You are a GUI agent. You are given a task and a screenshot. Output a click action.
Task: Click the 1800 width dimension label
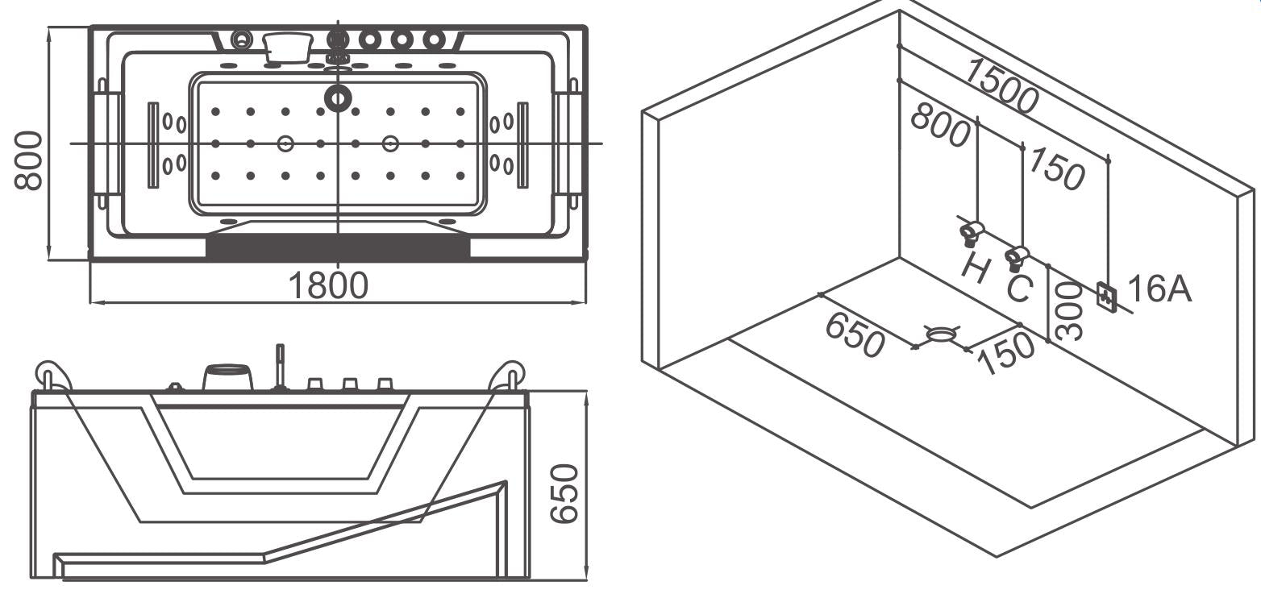tap(328, 285)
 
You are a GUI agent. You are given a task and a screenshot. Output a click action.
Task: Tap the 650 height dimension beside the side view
tap(565, 492)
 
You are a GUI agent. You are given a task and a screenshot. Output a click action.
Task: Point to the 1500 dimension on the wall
tap(1001, 85)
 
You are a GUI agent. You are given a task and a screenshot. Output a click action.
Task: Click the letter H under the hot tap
tap(976, 268)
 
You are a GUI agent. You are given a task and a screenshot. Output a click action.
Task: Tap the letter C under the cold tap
tap(1019, 288)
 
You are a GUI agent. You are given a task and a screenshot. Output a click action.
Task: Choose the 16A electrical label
tap(1159, 289)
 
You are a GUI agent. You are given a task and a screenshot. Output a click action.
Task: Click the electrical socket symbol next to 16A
tap(1107, 297)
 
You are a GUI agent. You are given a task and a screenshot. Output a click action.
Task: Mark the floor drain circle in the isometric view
tap(940, 334)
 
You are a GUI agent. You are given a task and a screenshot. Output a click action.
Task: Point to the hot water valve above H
tap(972, 233)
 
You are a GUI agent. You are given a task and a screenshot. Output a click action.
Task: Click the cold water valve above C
tap(1015, 257)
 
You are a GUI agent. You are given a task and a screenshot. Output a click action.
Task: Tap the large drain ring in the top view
tap(338, 98)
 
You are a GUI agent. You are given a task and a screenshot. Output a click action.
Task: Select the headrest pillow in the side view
tap(227, 377)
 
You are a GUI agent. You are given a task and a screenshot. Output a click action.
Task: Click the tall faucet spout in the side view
tap(280, 366)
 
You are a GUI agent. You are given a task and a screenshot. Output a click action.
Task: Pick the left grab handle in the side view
tap(52, 375)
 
